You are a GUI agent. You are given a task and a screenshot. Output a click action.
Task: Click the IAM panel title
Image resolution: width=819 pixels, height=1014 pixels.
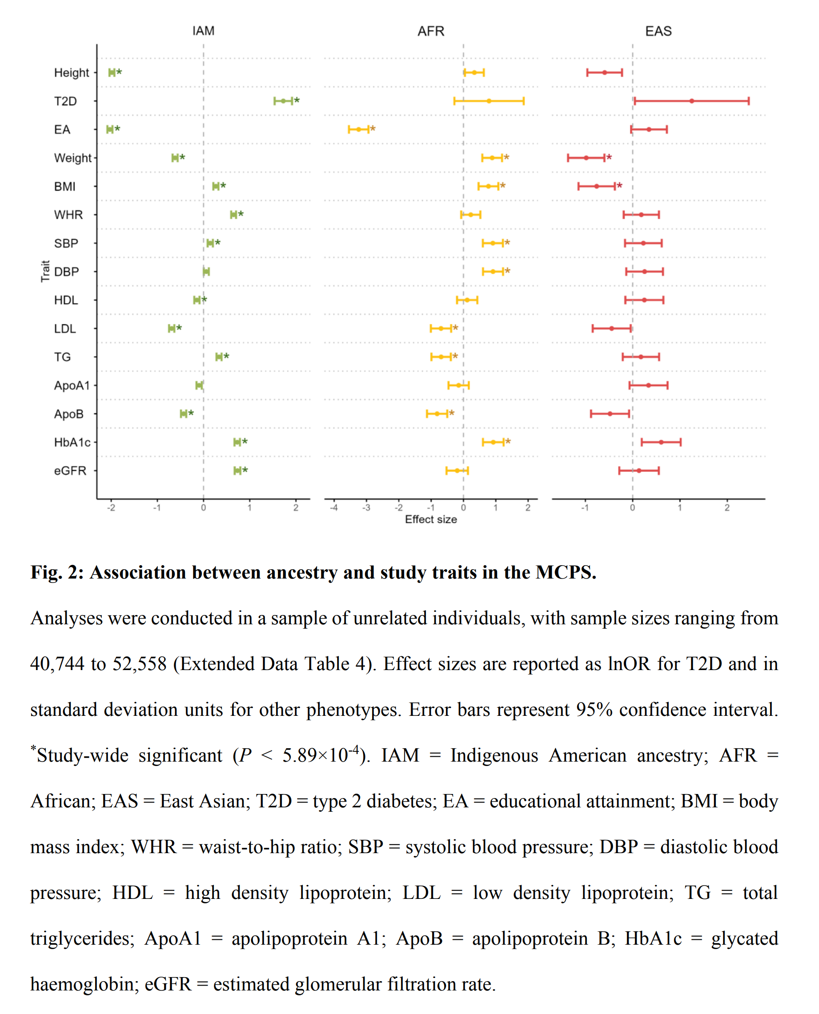point(203,31)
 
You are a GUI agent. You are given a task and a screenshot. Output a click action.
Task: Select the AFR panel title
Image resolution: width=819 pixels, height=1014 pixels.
point(431,31)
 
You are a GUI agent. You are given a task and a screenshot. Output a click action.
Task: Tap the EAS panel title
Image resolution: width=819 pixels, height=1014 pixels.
point(658,31)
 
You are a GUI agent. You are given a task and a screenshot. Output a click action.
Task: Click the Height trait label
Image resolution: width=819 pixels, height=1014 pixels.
point(71,72)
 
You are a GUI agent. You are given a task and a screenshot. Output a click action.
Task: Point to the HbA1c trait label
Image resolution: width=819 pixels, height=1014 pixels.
point(72,442)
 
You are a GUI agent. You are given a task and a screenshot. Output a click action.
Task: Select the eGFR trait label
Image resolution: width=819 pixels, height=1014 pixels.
point(70,471)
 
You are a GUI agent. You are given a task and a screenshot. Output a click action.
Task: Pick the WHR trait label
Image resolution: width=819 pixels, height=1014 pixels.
point(68,215)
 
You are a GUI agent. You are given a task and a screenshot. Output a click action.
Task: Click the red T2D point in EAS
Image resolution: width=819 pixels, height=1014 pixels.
point(692,101)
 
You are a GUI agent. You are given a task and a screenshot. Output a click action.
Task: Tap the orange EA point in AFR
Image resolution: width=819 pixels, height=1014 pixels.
point(358,129)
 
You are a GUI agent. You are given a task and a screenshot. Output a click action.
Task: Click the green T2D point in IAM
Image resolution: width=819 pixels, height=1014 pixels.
point(283,101)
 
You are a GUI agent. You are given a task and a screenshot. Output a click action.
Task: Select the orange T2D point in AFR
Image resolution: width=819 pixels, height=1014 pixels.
point(489,101)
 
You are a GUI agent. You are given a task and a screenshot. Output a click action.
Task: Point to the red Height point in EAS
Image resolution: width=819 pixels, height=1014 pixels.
point(604,72)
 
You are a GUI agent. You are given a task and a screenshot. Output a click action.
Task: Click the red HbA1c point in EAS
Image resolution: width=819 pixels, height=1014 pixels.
point(661,442)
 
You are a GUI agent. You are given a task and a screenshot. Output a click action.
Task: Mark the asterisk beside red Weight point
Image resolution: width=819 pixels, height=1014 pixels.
point(609,157)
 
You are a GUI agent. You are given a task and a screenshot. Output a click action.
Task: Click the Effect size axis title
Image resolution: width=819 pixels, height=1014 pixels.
point(431,519)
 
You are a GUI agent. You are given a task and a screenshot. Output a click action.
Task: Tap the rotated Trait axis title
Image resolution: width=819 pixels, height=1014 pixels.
point(45,271)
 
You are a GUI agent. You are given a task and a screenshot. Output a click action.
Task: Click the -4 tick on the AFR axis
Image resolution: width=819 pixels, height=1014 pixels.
point(333,508)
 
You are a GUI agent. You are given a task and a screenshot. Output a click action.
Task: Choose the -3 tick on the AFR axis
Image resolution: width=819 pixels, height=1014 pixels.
point(366,508)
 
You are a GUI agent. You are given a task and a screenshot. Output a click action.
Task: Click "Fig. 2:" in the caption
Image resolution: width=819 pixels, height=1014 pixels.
point(57,572)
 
